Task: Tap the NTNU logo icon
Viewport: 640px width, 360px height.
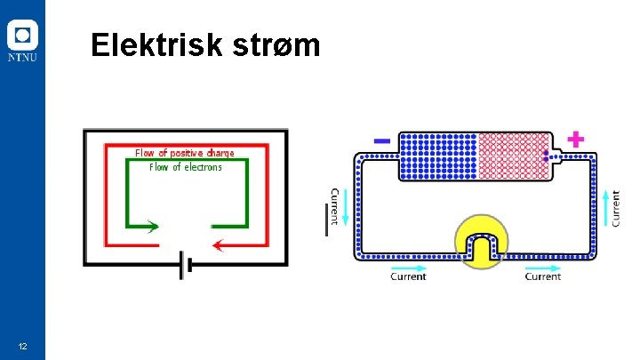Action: coord(22,36)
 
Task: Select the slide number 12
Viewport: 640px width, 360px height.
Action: coord(23,346)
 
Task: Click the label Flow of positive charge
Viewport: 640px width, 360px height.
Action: coord(185,153)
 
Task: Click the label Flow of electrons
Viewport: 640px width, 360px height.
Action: coord(186,167)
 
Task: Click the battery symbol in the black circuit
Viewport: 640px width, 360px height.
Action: coord(184,263)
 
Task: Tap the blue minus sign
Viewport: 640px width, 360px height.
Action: coord(382,140)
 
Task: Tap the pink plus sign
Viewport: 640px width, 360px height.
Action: coord(576,139)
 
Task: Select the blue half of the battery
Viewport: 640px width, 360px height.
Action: coord(438,156)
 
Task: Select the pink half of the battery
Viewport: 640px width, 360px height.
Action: coord(512,156)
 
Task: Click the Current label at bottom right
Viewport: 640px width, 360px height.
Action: coord(542,277)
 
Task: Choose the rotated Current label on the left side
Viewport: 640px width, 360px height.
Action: coord(335,206)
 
